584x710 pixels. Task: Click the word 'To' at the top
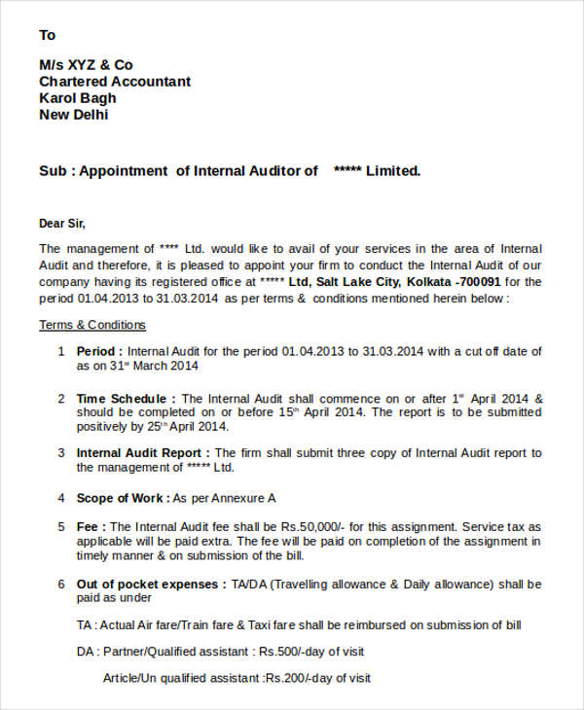coord(47,35)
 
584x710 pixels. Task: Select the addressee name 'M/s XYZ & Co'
coord(86,65)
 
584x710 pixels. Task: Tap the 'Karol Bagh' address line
coord(77,98)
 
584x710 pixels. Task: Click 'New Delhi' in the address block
coord(73,115)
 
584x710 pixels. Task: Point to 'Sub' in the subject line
coord(51,171)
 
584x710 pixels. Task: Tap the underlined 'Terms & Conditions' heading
coord(92,325)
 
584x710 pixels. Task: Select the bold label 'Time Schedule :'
coord(127,399)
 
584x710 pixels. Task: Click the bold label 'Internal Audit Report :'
coord(143,453)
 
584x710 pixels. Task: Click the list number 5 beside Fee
coord(60,526)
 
